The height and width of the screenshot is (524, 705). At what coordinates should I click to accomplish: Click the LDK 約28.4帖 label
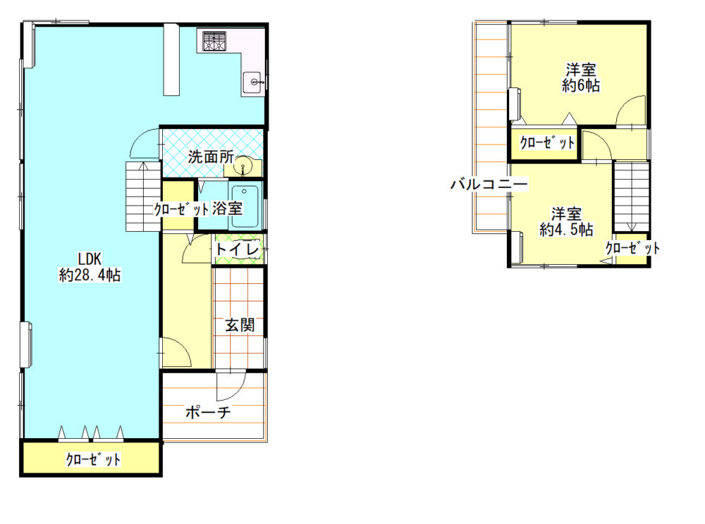coord(90,267)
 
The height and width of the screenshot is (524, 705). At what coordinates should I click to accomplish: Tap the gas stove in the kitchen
coord(214,41)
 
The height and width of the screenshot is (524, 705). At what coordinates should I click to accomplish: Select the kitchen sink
coord(253,82)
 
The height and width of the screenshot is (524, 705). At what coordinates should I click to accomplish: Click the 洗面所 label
coord(211,156)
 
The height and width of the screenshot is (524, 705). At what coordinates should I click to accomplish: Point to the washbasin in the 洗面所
coord(244,166)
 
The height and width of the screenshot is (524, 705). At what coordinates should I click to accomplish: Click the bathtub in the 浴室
coord(245,205)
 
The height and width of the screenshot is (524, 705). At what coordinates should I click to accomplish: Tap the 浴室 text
coord(227,208)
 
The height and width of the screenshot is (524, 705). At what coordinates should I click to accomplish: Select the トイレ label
coord(238,249)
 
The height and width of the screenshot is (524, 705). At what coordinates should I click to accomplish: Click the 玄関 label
coord(240,325)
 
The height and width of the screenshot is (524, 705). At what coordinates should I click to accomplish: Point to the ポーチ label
coord(208,412)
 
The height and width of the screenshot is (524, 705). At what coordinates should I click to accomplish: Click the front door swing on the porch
coord(231,386)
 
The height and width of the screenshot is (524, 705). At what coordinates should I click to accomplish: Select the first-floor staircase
coord(143,196)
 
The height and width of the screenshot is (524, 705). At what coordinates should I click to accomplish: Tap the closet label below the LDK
coord(93,459)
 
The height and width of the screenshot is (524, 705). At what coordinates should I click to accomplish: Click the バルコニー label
coord(489,184)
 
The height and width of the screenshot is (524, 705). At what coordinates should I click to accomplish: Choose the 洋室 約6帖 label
coord(580,77)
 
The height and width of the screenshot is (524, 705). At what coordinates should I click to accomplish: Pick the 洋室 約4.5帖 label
coord(567,222)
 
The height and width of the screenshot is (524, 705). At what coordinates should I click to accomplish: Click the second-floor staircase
coord(632,196)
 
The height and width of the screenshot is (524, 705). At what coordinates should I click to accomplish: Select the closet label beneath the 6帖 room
coord(547,143)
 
